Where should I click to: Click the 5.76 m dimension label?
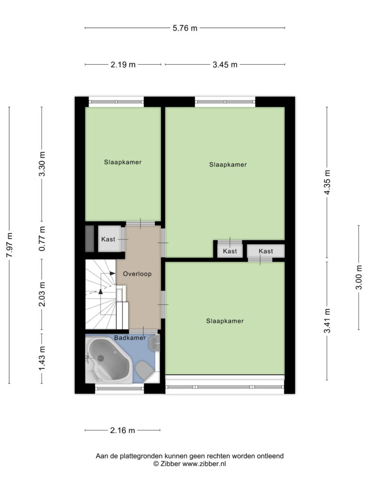point(185,28)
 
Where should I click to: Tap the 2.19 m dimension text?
point(123,65)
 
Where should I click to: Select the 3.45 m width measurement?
point(225,65)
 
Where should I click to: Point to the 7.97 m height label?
point(10,245)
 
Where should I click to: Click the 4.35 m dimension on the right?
point(327,182)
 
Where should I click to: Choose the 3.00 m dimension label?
point(359,278)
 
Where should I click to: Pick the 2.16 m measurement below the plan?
point(122,431)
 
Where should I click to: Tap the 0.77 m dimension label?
point(42,239)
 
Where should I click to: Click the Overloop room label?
point(137,274)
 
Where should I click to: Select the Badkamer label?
point(130,338)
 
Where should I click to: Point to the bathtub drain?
point(101,358)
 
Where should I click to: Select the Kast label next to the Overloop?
point(108,239)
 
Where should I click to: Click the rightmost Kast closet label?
point(265,251)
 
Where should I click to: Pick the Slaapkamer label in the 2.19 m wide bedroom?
point(123,162)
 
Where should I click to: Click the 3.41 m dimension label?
point(327,321)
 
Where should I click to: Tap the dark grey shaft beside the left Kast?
point(90,239)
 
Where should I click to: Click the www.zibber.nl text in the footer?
point(204,464)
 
